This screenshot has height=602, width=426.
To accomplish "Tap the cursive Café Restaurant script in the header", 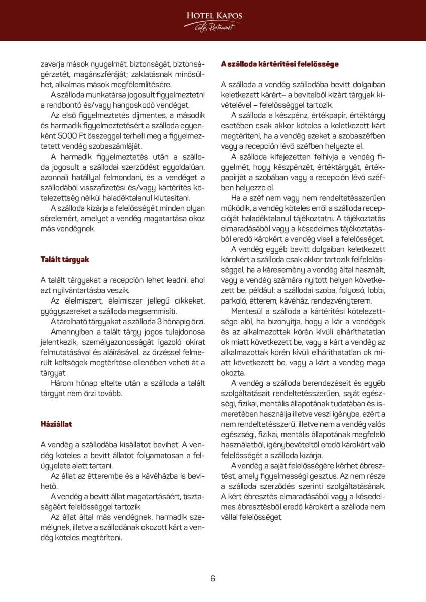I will (214, 27).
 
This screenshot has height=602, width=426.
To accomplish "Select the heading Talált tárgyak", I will (65, 259).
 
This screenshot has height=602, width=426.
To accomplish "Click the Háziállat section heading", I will (56, 424).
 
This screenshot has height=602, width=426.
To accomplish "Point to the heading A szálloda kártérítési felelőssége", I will (280, 64).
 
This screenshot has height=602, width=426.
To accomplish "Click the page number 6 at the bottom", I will (213, 578).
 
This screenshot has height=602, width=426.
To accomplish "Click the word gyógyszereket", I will (64, 311).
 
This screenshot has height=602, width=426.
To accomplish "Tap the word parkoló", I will (237, 301).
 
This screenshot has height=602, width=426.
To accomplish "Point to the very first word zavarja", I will (54, 64).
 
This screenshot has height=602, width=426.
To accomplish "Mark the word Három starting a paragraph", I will (63, 383).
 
